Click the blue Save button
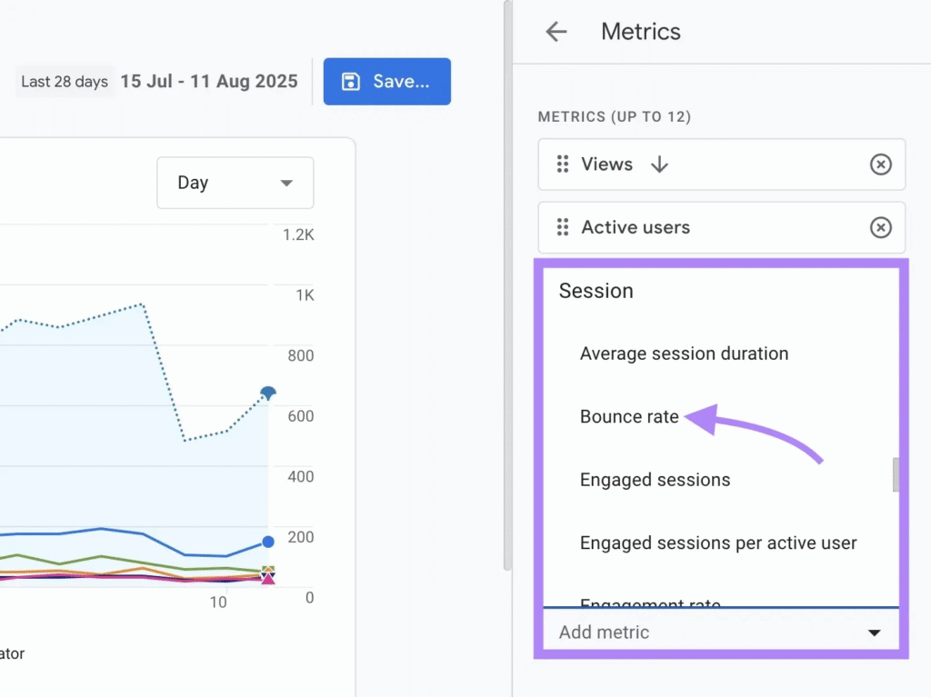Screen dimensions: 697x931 click(x=386, y=82)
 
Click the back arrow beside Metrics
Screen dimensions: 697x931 click(x=556, y=32)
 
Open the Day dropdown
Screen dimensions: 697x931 click(x=235, y=183)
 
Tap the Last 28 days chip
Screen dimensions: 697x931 click(x=65, y=82)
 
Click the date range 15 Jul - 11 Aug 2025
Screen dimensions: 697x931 click(x=208, y=82)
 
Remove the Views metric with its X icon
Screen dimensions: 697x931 click(x=880, y=164)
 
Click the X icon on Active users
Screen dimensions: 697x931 click(x=880, y=228)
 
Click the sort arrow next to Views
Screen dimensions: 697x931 click(x=660, y=164)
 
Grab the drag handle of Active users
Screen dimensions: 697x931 click(x=563, y=227)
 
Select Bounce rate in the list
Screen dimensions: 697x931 click(x=629, y=417)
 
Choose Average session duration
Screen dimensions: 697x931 click(x=684, y=353)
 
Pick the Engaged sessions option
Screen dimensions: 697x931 click(x=655, y=480)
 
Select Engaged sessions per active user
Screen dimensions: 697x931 click(x=718, y=543)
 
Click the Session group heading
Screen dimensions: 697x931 click(x=596, y=291)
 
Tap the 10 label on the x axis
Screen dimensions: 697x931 click(x=218, y=602)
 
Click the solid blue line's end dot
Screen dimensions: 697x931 click(x=268, y=542)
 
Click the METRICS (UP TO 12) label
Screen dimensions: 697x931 click(x=614, y=117)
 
